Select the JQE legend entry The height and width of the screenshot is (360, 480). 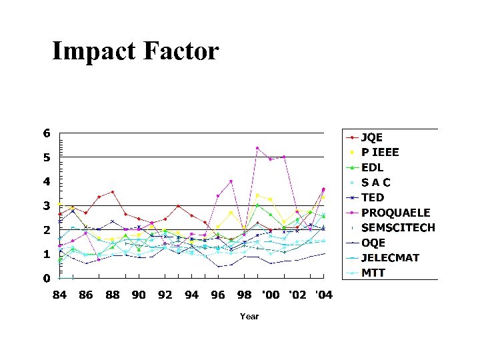click(x=371, y=137)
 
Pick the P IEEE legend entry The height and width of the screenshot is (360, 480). click(x=380, y=152)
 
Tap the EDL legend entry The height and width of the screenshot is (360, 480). click(x=372, y=167)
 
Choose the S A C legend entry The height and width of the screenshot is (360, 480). click(x=376, y=182)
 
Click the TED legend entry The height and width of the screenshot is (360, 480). click(x=372, y=197)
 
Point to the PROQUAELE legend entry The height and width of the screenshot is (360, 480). click(x=395, y=213)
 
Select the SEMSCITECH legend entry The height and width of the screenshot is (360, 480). click(x=398, y=227)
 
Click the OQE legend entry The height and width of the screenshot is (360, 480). click(x=373, y=243)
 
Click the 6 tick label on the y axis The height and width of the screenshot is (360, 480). click(x=47, y=133)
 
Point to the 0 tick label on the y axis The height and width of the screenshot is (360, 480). click(x=47, y=278)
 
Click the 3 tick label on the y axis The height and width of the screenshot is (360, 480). click(x=47, y=206)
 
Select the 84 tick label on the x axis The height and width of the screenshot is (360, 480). click(x=59, y=295)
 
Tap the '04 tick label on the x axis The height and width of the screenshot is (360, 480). click(x=323, y=295)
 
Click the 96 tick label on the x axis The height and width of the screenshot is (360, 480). click(x=218, y=295)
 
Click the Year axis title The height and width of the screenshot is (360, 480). click(x=249, y=316)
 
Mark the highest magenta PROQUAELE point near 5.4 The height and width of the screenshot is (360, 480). click(x=257, y=148)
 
